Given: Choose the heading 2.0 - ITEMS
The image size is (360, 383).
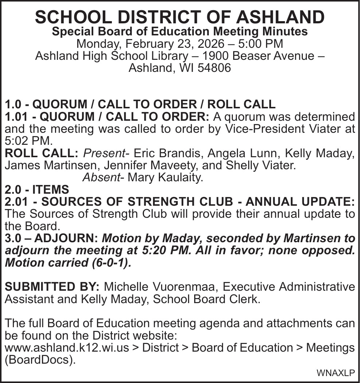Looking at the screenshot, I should point(37,190).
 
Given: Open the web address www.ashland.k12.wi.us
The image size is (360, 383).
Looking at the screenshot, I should point(67,347).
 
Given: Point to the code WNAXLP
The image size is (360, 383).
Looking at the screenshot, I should point(336,373).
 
